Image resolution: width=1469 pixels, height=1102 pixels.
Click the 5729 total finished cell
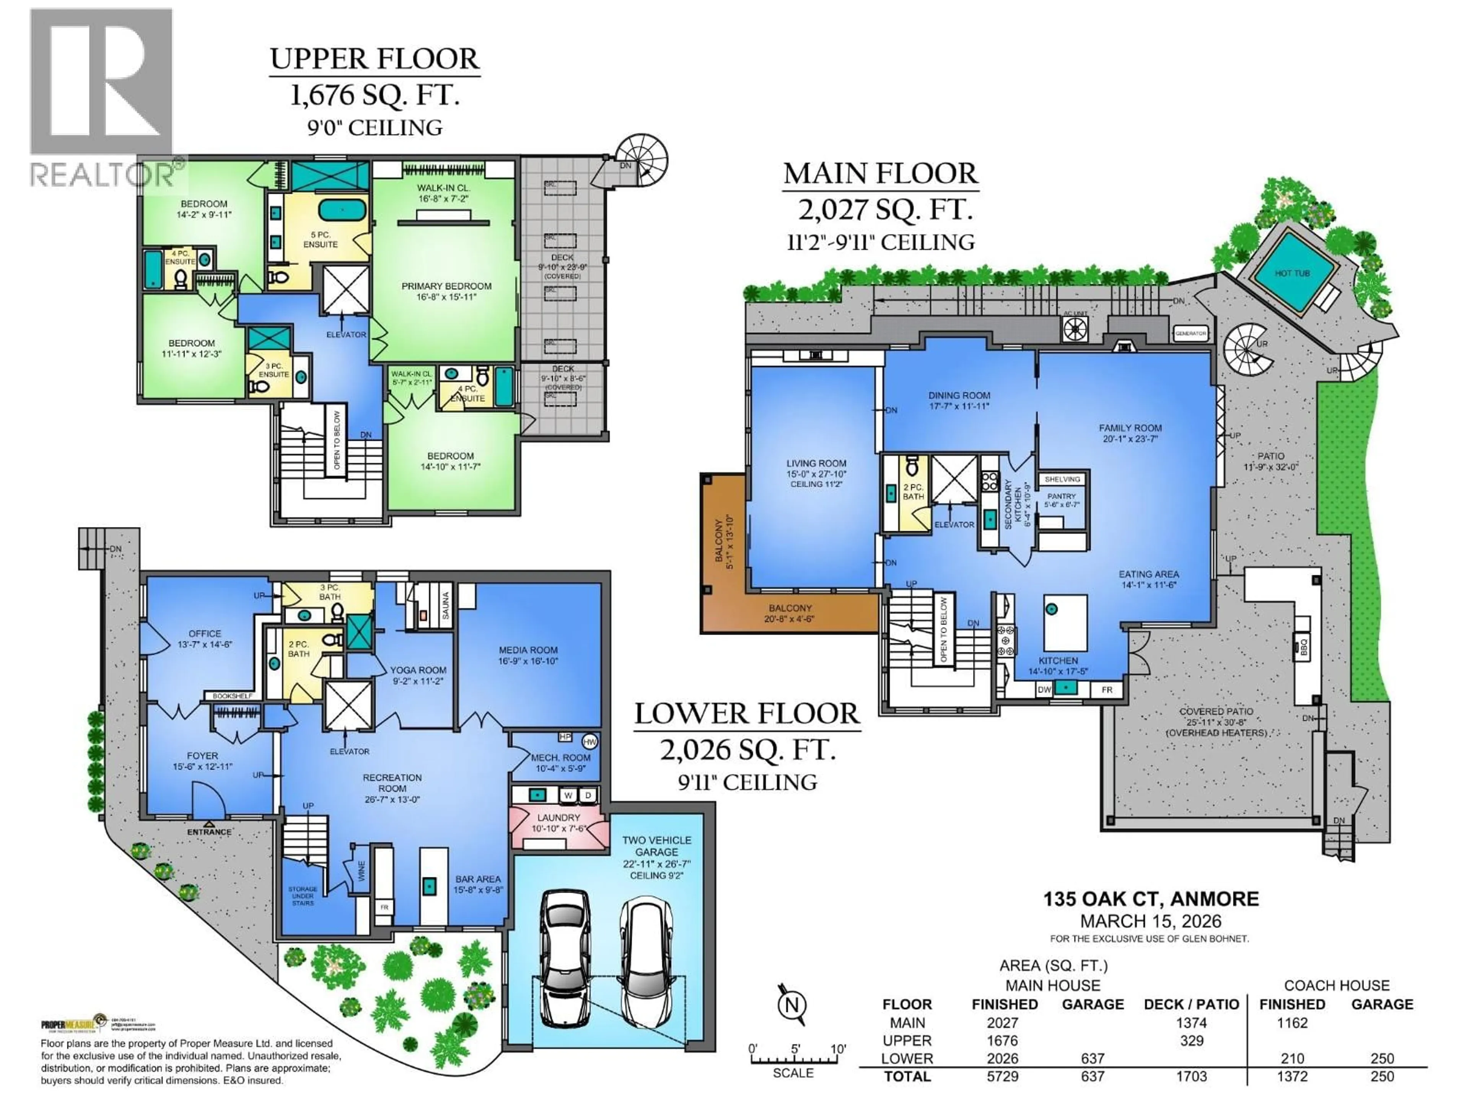click(1002, 1076)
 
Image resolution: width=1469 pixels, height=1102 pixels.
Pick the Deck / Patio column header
click(1191, 1004)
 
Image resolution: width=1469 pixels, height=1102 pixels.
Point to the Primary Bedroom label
click(446, 291)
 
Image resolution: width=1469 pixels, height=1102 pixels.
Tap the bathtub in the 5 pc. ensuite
click(342, 210)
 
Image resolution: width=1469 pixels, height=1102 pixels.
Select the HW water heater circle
click(589, 741)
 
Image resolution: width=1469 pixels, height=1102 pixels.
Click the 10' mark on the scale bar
click(838, 1050)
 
